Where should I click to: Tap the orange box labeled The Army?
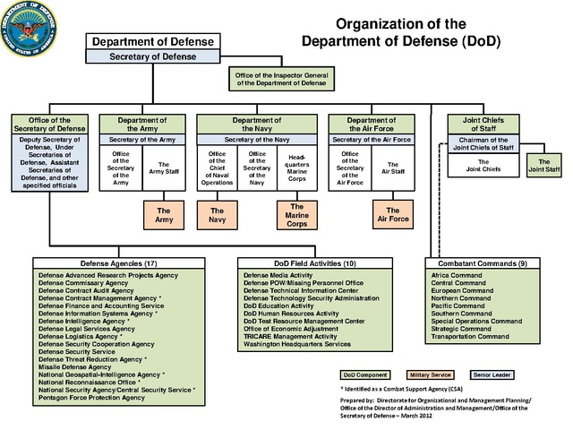click(164, 213)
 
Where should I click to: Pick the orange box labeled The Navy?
click(217, 213)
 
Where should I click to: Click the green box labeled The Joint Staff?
click(543, 165)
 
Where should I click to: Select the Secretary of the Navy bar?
click(257, 140)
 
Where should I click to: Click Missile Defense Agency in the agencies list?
click(76, 365)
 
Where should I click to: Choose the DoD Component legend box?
click(364, 374)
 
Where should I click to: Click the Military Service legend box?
click(429, 374)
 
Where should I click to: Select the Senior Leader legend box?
click(492, 374)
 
